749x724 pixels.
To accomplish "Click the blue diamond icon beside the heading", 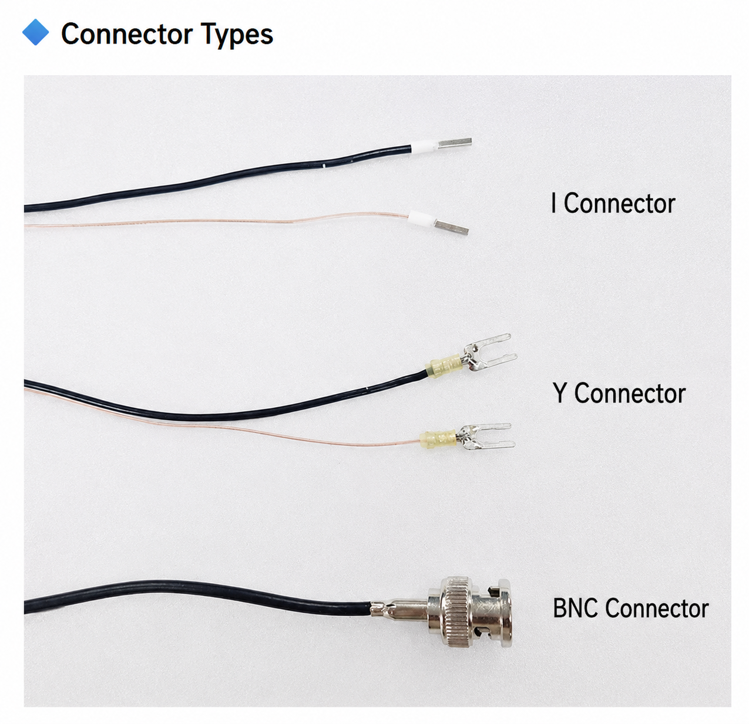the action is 35,32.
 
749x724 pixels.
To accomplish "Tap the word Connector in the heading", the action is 127,34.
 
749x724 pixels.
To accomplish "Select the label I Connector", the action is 613,204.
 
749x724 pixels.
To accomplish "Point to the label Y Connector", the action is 619,393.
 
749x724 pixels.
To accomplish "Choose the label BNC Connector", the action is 630,608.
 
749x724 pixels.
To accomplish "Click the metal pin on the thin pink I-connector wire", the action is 451,226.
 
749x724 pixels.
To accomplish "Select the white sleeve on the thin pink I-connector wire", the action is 421,218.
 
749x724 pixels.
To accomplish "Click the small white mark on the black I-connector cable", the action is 325,166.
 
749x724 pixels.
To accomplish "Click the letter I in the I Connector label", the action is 553,203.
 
